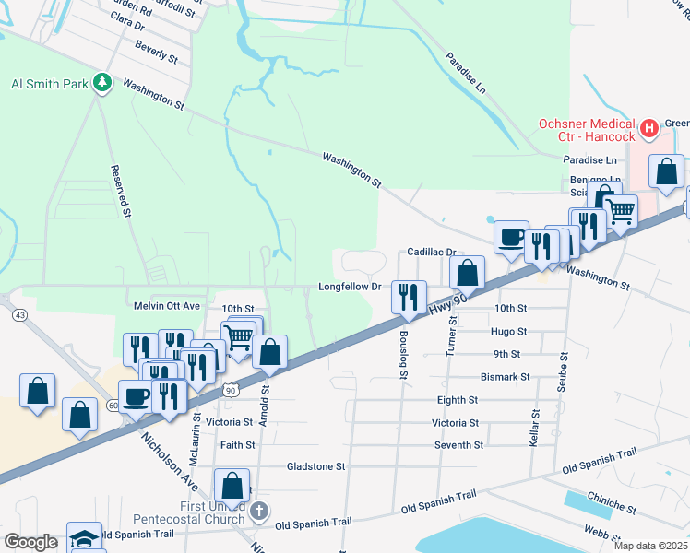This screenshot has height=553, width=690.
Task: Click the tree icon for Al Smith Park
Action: coord(102,84)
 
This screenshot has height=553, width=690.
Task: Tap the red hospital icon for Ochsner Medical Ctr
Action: coord(649,127)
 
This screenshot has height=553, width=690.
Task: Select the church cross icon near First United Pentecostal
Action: coord(260,510)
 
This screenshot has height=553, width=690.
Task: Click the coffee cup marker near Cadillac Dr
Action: coord(511,238)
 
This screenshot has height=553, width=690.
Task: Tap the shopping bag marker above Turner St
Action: coord(468,273)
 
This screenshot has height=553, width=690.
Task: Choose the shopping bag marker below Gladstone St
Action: coord(232,486)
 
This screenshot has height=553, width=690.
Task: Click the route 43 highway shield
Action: coord(18,315)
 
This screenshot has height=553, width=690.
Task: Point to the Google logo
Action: coord(30,542)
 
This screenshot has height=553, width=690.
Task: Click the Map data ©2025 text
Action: coord(650,546)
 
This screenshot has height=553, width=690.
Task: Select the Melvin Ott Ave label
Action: coord(166,306)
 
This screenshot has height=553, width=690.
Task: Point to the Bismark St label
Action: coord(505,377)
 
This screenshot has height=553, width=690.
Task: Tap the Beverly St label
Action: coord(156,52)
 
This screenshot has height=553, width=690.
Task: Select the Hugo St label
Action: coord(509,331)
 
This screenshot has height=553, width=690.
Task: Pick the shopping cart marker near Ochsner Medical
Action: coord(621,211)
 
